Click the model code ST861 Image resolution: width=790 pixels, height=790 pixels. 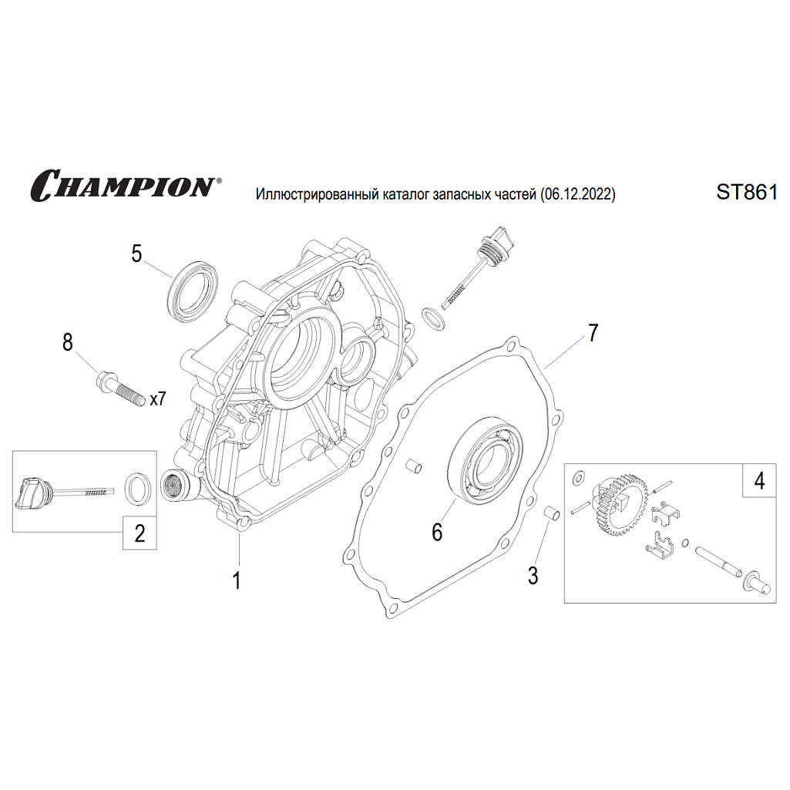747,193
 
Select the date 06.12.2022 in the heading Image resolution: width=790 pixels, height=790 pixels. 578,194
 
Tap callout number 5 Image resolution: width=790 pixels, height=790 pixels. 136,254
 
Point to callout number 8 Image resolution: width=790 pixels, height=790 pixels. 68,342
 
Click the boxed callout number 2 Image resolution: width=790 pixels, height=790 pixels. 140,533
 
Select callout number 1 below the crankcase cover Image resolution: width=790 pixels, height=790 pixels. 237,580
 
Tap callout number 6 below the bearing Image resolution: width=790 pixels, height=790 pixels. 437,532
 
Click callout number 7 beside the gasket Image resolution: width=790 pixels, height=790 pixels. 593,333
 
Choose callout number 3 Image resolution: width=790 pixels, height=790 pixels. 533,576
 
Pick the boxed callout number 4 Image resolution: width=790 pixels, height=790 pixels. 760,481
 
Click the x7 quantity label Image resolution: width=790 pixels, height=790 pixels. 158,399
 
